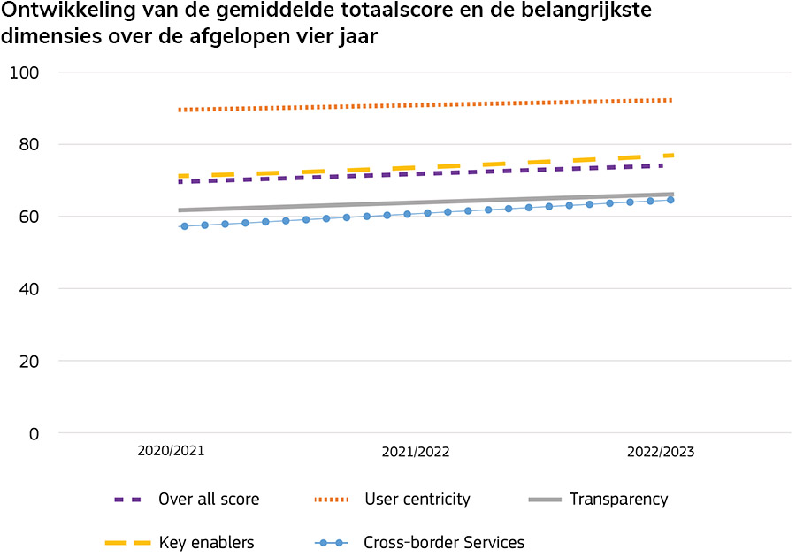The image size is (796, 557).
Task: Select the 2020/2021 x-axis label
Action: [171, 450]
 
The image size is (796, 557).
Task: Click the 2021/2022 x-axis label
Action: [416, 452]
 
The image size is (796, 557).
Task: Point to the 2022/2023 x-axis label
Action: [661, 452]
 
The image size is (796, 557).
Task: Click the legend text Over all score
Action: [209, 500]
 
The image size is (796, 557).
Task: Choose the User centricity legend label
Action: [417, 500]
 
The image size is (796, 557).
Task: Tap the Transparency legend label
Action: [619, 500]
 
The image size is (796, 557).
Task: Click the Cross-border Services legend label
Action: [444, 543]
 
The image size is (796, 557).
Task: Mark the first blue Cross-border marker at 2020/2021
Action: [184, 226]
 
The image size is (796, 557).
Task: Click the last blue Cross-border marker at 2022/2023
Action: [670, 200]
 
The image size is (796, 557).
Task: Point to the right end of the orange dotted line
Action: [671, 100]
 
